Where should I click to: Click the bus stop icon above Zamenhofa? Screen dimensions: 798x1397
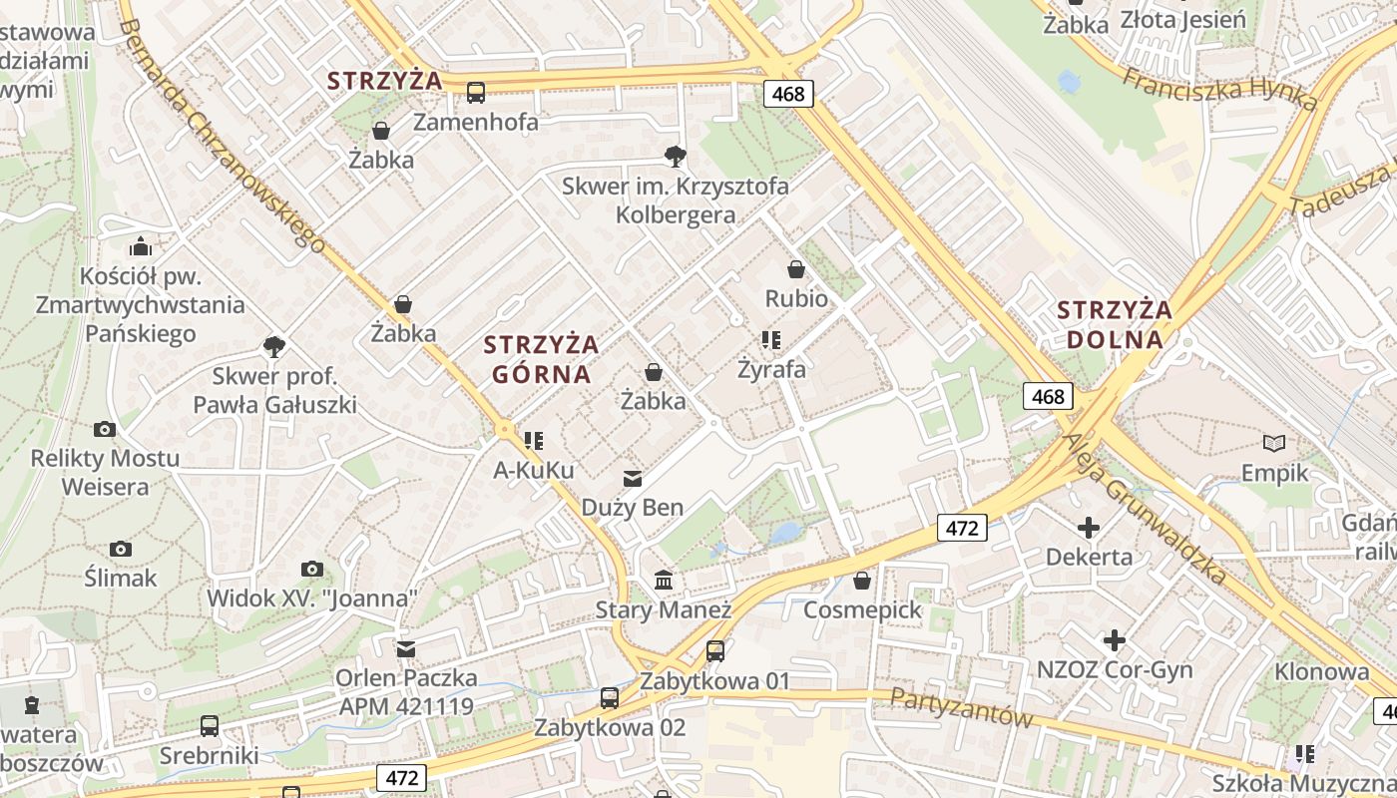point(476,93)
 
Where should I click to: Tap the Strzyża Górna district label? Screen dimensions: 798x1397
point(541,359)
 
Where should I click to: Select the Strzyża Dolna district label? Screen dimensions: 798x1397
point(1115,324)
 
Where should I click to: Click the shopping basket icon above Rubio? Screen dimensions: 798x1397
point(796,269)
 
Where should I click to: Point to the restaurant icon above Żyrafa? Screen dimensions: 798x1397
point(770,340)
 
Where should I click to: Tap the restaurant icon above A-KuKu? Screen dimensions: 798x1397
point(534,440)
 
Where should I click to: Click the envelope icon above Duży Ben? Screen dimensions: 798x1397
point(632,479)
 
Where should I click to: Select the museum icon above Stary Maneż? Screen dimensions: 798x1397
point(664,580)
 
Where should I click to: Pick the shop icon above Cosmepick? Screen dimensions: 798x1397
point(862,581)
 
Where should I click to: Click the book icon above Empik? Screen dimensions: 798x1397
point(1274,443)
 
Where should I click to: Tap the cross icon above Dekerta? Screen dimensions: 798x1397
point(1089,528)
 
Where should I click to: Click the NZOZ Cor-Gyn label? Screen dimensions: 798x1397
point(1115,669)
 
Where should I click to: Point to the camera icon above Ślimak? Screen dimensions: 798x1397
point(121,550)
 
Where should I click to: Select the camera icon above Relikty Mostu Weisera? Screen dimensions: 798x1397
point(105,430)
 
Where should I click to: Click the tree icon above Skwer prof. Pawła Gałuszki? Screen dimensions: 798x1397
point(274,347)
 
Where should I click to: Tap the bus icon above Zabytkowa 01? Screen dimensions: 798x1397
point(715,651)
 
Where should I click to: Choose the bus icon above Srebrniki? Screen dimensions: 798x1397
point(210,726)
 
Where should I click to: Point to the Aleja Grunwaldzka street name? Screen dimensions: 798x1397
point(1144,507)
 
